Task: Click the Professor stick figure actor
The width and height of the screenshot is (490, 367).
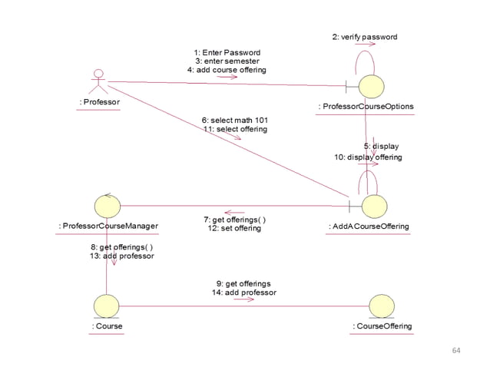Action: tap(98, 82)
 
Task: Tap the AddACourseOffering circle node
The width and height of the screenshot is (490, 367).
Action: tap(374, 206)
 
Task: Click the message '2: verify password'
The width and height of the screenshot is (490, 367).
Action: tap(364, 36)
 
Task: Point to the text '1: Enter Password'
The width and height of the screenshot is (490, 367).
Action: tap(227, 52)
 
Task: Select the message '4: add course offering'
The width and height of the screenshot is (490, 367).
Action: tap(227, 70)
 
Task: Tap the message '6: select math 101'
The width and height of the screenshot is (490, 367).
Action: tap(235, 121)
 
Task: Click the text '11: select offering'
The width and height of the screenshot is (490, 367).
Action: tap(235, 130)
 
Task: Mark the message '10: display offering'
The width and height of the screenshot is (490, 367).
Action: tap(368, 157)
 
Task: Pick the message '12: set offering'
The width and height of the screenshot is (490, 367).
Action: tap(234, 229)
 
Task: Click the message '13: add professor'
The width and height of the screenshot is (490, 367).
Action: tap(121, 256)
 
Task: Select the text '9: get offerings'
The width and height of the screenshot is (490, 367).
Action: tap(243, 283)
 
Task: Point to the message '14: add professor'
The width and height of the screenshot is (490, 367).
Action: tap(243, 293)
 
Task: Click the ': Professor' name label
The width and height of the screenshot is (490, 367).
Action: tap(99, 102)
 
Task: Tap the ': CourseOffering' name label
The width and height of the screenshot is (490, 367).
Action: tap(382, 326)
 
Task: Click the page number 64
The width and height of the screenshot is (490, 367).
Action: tap(456, 351)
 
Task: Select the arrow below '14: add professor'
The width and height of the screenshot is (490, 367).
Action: tap(243, 299)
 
